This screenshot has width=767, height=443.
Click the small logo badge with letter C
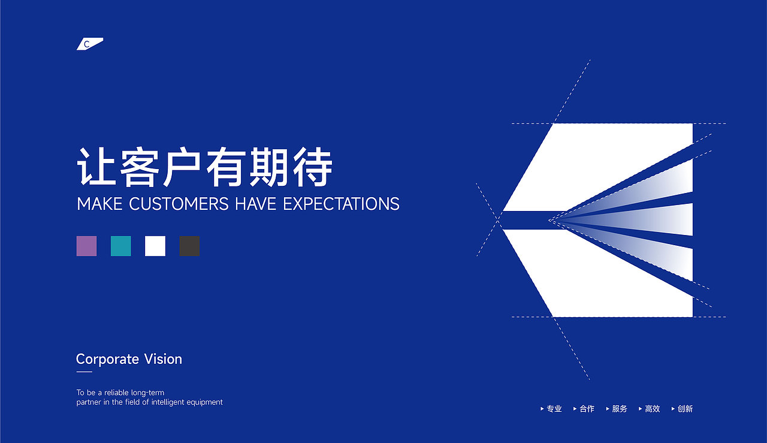pos(89,44)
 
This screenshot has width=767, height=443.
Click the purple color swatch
pos(86,246)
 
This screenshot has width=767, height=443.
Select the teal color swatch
pos(120,246)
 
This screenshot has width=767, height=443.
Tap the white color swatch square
pos(155,246)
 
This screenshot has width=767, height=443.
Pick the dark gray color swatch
pos(189,246)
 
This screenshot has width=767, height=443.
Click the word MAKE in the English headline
pos(100,204)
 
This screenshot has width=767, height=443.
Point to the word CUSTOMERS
pos(179,204)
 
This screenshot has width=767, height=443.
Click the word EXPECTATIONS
pos(341,204)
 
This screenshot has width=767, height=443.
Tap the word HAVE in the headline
pos(256,204)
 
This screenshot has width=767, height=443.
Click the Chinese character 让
pos(96,168)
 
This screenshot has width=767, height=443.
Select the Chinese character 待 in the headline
pos(313,168)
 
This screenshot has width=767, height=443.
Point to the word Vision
pos(162,359)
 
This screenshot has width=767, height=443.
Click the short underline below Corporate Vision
pos(84,372)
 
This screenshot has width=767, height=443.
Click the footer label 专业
pos(554,409)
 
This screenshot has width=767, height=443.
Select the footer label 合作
pos(587,409)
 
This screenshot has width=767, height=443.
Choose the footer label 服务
pos(620,409)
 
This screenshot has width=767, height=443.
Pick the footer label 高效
pos(652,409)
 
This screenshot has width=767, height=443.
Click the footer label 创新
pos(685,409)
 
